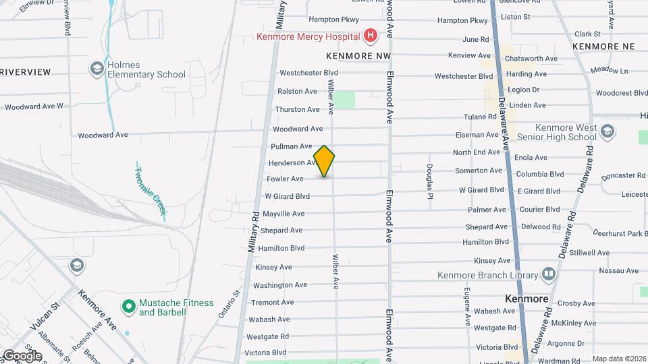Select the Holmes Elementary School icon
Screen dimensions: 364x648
(97, 69)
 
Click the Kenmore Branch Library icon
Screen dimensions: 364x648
(548, 274)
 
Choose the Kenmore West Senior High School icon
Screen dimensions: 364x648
(607, 131)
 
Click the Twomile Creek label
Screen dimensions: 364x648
(151, 191)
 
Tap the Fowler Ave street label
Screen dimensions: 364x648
(285, 179)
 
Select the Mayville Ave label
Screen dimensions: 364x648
(283, 214)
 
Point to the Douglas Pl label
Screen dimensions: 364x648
(429, 181)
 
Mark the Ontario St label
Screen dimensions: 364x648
(230, 304)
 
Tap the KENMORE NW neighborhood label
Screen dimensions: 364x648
(358, 55)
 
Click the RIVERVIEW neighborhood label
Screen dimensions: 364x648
(25, 72)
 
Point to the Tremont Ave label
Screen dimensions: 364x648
(273, 302)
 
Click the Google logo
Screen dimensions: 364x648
(22, 356)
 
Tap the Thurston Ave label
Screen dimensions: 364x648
(298, 109)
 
